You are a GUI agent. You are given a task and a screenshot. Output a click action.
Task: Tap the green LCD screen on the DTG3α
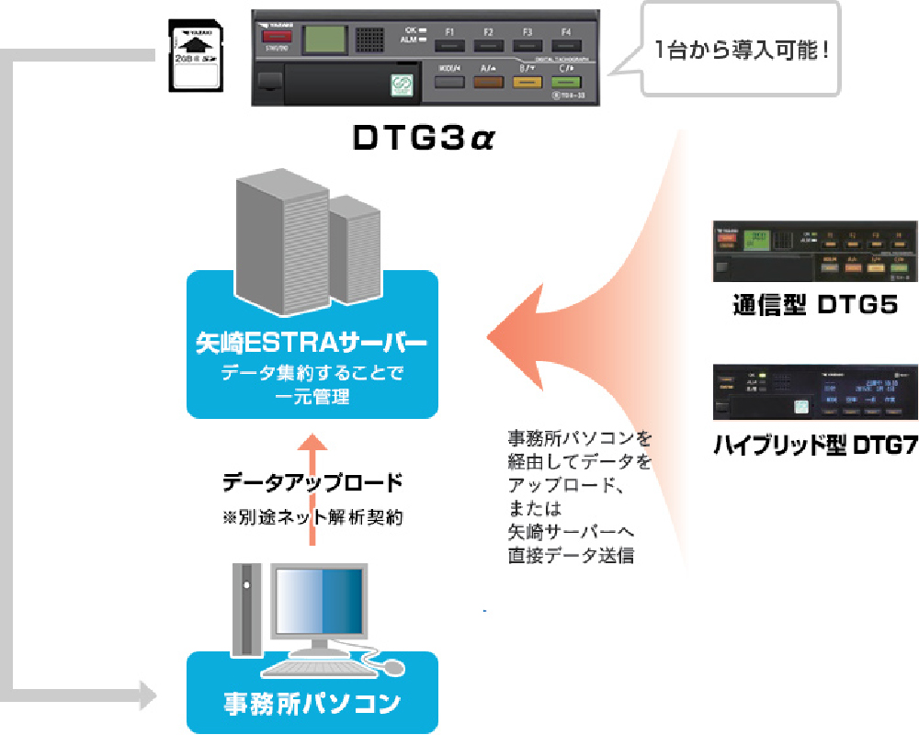[x=324, y=40]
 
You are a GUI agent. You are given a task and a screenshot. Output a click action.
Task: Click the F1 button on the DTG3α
[x=449, y=43]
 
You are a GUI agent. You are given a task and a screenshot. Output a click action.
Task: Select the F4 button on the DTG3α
[x=566, y=43]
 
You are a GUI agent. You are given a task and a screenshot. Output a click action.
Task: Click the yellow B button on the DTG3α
[x=527, y=80]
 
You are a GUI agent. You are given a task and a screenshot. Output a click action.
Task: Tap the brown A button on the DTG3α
[x=488, y=80]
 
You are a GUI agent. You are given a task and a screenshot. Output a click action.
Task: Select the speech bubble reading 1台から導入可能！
[x=741, y=49]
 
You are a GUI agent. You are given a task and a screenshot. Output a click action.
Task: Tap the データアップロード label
[x=312, y=481]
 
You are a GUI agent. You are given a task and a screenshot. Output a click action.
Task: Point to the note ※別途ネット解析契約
[x=312, y=517]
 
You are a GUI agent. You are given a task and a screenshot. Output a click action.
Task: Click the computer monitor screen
[x=319, y=603]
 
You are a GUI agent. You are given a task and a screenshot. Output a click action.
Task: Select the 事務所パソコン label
[x=312, y=704]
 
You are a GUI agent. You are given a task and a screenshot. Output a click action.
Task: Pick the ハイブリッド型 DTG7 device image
[x=815, y=392]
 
